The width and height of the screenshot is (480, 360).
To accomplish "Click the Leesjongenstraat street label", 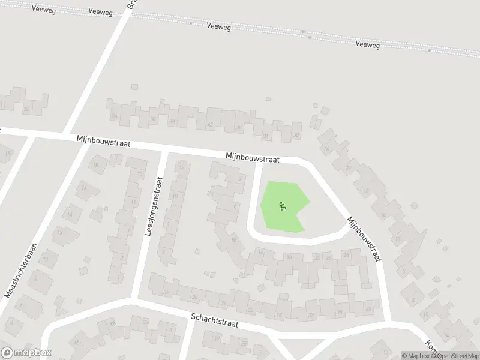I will (x=154, y=205).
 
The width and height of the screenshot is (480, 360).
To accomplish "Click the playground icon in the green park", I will (x=283, y=206).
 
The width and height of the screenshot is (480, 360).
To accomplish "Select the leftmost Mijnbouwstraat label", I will (x=103, y=142).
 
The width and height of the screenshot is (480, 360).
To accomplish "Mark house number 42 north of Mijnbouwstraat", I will (x=209, y=125).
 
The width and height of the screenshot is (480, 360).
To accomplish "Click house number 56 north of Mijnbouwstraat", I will (x=113, y=116).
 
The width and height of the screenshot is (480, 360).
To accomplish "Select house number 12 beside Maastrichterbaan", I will (x=59, y=232).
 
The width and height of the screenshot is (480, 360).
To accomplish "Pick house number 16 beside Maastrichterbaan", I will (x=85, y=188).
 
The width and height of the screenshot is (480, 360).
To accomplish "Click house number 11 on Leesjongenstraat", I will (x=133, y=203).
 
